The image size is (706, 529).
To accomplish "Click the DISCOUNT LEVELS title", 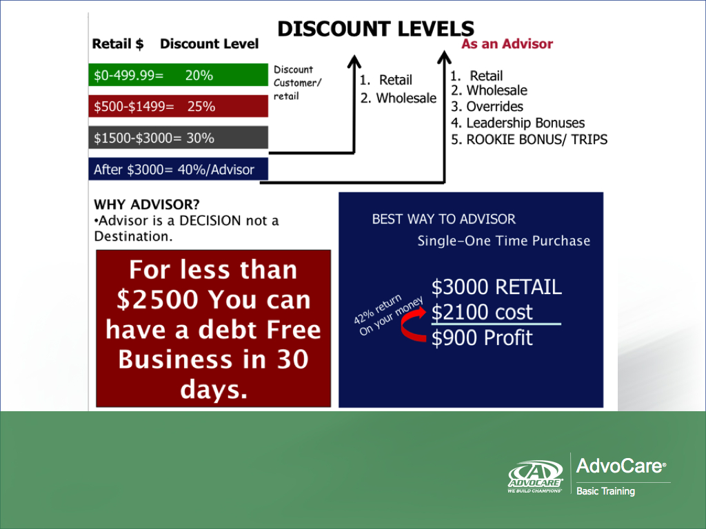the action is tap(376, 29).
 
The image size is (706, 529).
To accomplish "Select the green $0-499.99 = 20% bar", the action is tap(179, 74).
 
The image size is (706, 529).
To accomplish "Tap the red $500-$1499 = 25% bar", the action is tap(179, 106).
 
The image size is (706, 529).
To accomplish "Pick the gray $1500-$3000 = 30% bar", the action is tap(179, 138).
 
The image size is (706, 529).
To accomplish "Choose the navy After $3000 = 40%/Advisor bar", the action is tap(179, 169).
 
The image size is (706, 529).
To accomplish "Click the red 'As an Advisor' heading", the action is tap(507, 43).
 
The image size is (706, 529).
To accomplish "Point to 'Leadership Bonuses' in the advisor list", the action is tap(525, 123).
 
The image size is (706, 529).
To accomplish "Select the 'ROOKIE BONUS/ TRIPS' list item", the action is tap(536, 139).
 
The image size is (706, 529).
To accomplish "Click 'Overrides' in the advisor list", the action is tap(494, 106).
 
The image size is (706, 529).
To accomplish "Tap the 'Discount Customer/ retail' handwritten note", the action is tap(298, 83).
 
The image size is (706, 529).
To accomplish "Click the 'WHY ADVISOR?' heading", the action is tap(146, 205).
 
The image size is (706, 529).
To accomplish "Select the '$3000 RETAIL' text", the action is tap(496, 287).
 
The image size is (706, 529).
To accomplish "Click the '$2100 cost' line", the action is tap(482, 312).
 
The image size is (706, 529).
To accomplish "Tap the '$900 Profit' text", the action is tap(482, 338).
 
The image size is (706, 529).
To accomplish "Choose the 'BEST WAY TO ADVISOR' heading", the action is tap(443, 219).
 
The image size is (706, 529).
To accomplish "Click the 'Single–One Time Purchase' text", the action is tap(503, 240).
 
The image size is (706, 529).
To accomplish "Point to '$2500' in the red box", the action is tap(157, 300).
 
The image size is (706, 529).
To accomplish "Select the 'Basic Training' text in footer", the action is tap(605, 491).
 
